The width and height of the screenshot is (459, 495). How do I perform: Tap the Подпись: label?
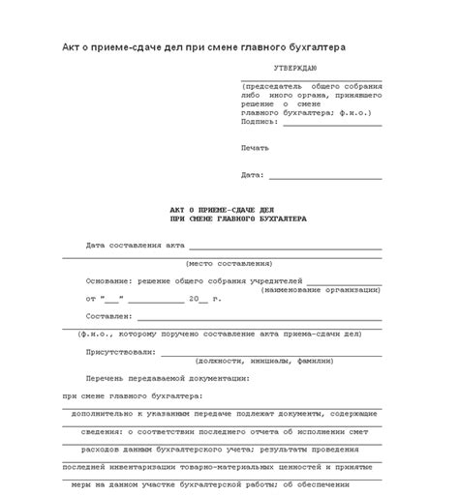(x=260, y=122)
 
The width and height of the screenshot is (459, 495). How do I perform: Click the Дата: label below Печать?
(x=252, y=175)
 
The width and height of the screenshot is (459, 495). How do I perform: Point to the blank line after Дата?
(x=324, y=178)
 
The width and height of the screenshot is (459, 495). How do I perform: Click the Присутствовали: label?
(x=119, y=351)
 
